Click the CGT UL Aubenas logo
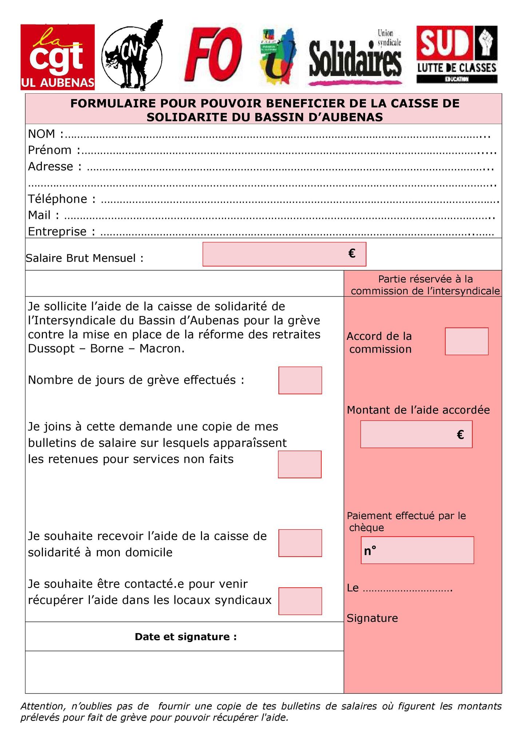(58, 57)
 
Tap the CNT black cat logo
(132, 56)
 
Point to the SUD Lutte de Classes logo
(457, 55)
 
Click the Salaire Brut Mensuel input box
(284, 254)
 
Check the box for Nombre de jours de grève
(300, 380)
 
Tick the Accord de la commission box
(466, 341)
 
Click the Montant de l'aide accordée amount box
(416, 434)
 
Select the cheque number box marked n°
(417, 550)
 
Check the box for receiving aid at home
(300, 543)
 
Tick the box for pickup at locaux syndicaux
(300, 601)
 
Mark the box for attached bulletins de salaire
(300, 464)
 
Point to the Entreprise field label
(57, 231)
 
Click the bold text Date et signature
(186, 636)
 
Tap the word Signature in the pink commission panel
(372, 618)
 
